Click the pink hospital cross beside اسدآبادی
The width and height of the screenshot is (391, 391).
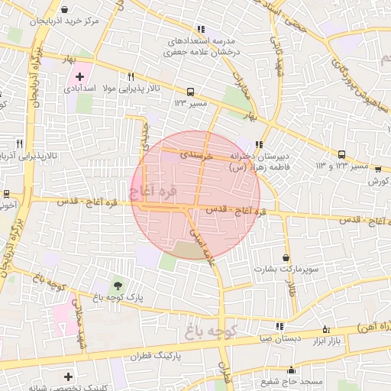79,76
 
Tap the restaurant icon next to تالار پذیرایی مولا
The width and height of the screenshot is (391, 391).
131,76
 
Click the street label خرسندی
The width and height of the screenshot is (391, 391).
193,153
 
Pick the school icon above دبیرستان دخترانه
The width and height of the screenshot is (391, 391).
260,144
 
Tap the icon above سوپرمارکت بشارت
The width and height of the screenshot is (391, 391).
286,258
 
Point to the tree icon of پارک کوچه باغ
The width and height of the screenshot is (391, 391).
116,285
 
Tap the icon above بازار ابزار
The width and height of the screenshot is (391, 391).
327,329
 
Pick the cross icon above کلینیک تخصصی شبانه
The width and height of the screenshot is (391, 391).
69,376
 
